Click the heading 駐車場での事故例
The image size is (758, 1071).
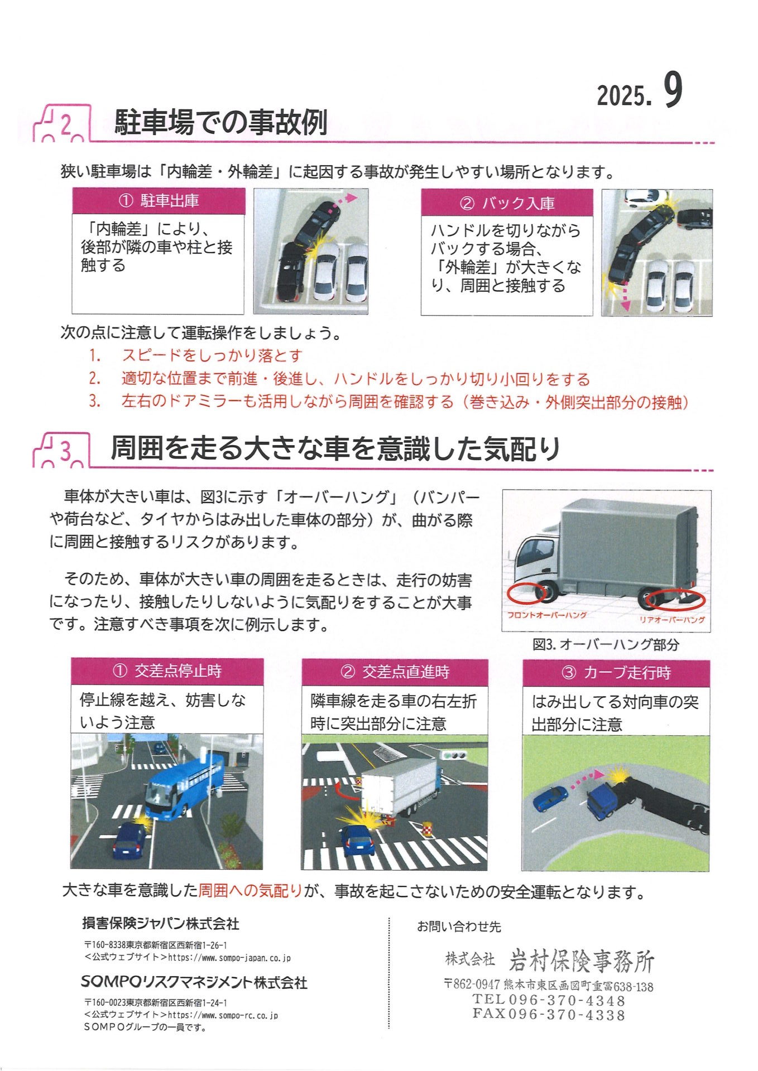[220, 122]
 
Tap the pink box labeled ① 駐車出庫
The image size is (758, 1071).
[159, 201]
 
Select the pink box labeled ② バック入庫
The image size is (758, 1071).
[507, 202]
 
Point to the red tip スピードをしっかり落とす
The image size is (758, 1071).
[212, 355]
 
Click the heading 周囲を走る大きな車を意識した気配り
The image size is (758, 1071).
[335, 448]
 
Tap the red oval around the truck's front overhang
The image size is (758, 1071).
[527, 593]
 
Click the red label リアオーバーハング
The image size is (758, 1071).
[672, 620]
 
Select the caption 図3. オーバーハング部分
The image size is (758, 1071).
[606, 644]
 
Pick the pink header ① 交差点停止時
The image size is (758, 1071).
[167, 670]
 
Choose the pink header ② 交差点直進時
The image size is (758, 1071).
[395, 672]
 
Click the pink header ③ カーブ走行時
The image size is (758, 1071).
[616, 673]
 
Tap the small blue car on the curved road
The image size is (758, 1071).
[550, 799]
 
